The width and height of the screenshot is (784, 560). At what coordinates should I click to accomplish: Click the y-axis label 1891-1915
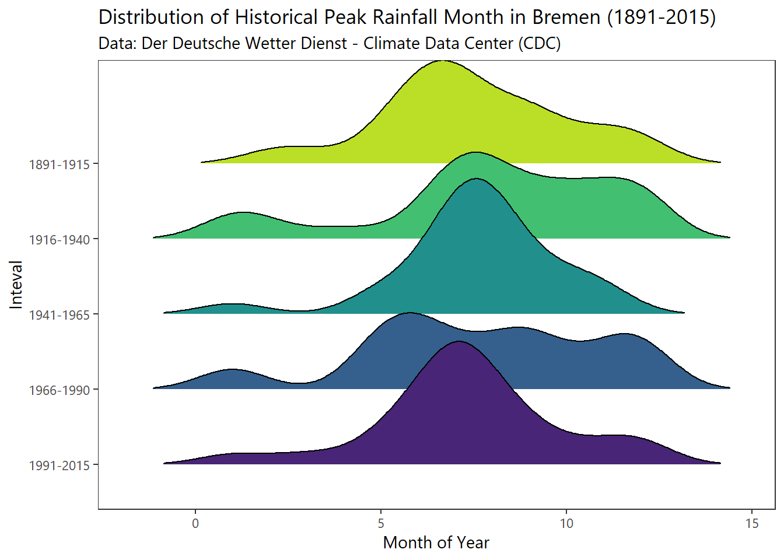60,164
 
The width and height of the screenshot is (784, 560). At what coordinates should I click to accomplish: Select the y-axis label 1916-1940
60,240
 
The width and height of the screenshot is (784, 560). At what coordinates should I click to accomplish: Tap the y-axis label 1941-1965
60,315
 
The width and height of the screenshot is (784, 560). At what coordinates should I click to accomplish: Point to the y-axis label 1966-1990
60,390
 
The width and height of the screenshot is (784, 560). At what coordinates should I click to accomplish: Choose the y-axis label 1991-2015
60,466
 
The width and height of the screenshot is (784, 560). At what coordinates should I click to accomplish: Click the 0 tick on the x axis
195,523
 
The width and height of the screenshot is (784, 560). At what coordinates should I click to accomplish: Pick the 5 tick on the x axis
381,523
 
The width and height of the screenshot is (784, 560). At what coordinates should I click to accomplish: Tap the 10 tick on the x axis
566,523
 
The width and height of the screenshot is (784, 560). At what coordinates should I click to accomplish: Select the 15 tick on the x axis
752,523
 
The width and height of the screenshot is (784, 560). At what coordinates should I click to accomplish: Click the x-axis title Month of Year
436,542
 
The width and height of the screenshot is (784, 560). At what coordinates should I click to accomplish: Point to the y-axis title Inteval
16,285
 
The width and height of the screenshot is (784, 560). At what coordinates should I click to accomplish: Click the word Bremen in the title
566,17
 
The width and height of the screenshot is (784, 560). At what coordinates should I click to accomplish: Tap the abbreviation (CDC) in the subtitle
539,44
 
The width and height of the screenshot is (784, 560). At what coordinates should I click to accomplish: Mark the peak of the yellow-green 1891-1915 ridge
442,61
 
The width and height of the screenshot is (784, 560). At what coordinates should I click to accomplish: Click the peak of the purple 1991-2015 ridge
460,342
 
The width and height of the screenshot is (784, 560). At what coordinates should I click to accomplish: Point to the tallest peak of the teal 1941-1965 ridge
477,179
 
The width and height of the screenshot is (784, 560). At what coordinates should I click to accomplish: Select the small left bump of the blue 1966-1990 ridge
233,370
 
